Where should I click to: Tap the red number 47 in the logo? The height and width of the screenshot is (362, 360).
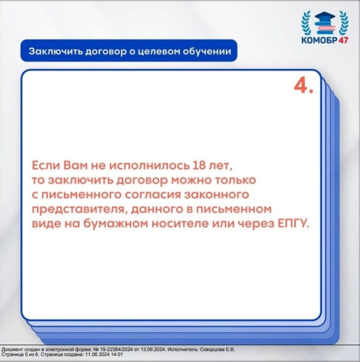click(343, 40)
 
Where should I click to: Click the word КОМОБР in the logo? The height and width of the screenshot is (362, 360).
click(319, 40)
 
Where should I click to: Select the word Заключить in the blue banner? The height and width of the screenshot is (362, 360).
click(55, 51)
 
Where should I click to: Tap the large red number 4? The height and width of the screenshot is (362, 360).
click(303, 87)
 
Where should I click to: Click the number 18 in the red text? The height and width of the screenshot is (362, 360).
click(199, 165)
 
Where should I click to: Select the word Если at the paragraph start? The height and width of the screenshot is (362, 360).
click(46, 165)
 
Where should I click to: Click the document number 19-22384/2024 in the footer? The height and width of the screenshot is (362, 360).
click(117, 350)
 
